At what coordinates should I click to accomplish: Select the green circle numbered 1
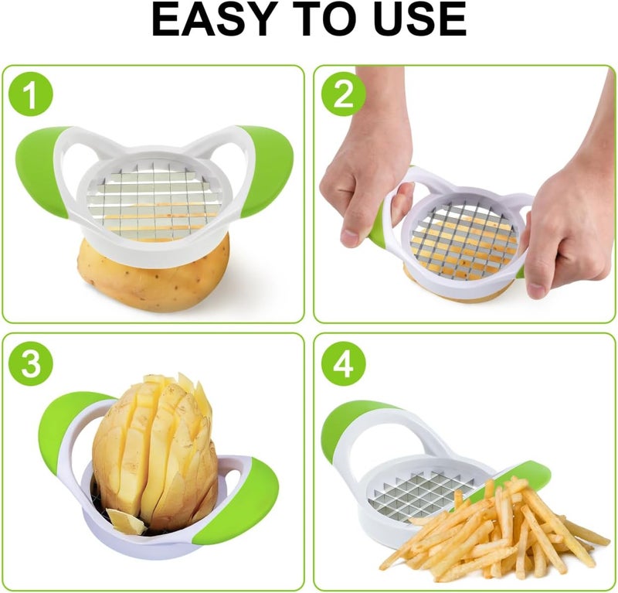point(31,94)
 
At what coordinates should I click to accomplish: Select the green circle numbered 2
point(343,94)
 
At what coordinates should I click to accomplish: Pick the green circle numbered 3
point(31,364)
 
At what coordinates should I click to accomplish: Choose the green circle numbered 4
point(343,364)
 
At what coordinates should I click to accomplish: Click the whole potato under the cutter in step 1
point(154,272)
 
